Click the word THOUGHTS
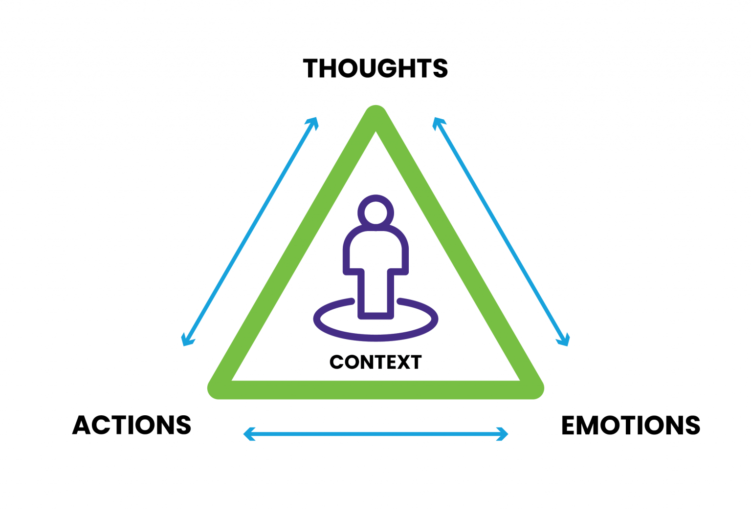[x=375, y=68]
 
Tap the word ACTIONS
[x=132, y=425]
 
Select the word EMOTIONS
[x=630, y=425]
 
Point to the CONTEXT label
[x=375, y=363]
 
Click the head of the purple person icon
[x=375, y=213]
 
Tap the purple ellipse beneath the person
[x=375, y=333]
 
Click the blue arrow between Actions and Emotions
[x=375, y=434]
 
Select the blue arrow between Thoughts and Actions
[x=250, y=232]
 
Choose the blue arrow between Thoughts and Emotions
[x=501, y=232]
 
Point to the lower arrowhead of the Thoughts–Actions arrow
[x=187, y=340]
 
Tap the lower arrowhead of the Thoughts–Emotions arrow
[x=564, y=340]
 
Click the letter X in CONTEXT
[x=404, y=363]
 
